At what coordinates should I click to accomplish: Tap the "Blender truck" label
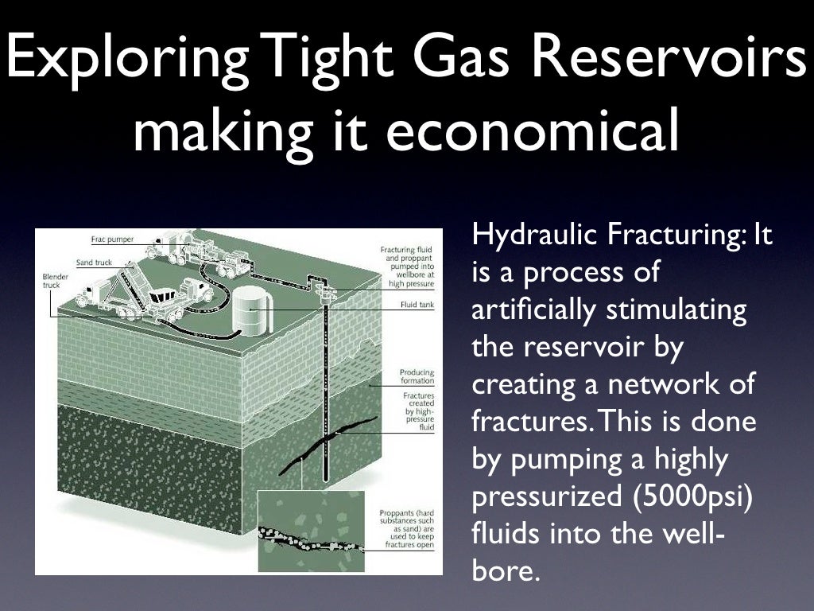tap(56, 280)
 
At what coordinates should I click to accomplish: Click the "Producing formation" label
tap(417, 376)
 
